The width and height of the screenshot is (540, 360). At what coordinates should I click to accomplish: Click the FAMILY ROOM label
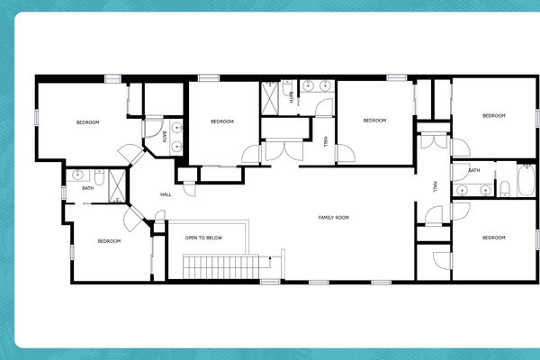[x=333, y=218]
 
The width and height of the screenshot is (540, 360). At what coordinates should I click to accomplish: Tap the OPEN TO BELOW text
[x=203, y=238]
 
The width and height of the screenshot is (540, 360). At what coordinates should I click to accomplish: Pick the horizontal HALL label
[x=166, y=194]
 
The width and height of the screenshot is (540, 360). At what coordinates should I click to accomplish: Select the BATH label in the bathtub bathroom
[x=473, y=170]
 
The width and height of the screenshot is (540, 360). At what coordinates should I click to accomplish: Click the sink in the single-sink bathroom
[x=77, y=173]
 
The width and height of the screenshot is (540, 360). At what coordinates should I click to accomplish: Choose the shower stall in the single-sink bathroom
[x=117, y=184]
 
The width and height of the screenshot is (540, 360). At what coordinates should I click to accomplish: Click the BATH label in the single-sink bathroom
[x=87, y=188]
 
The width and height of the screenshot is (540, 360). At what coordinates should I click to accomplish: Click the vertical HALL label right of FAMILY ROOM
[x=435, y=186]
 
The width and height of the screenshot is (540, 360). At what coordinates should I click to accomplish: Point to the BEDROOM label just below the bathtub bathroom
[x=493, y=238]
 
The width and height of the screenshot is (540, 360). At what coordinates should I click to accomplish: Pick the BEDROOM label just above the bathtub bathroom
[x=493, y=115]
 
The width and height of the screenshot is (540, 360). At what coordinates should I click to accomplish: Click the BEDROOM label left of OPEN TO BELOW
[x=109, y=240]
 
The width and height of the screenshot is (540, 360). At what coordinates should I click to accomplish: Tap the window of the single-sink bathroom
[x=63, y=185]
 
